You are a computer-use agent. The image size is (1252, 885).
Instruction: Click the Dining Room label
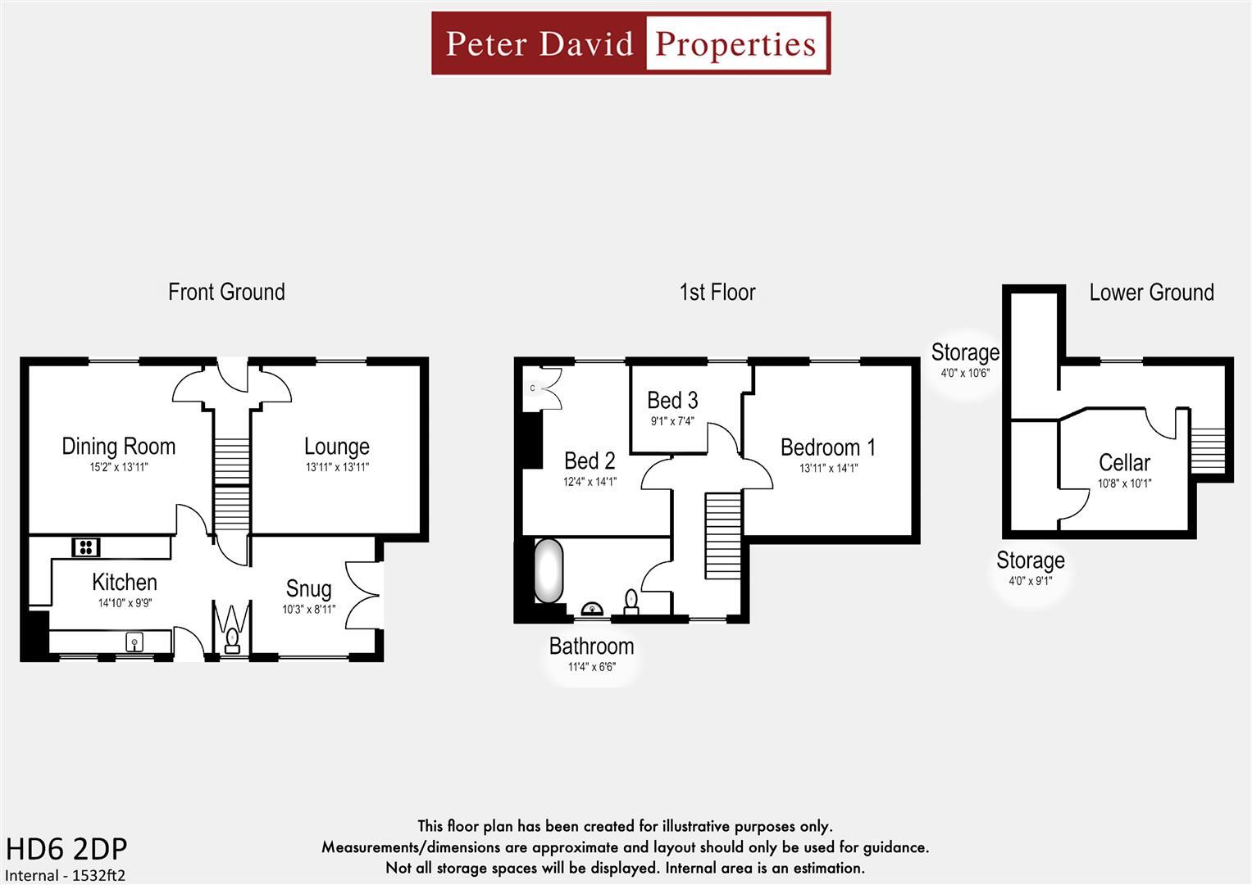(x=119, y=447)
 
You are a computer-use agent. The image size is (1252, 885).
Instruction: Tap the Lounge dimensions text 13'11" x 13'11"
(x=337, y=468)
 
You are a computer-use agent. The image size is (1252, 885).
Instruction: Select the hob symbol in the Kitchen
(x=85, y=547)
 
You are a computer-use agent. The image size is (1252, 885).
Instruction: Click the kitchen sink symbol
(x=134, y=642)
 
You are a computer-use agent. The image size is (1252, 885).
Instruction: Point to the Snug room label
(x=308, y=588)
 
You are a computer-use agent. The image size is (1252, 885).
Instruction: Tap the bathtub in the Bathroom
(x=549, y=570)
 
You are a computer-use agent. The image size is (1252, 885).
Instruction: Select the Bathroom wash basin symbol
(x=591, y=609)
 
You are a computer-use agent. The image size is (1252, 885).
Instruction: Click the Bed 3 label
(x=672, y=401)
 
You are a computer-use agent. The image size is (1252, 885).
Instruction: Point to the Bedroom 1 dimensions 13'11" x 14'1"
(x=828, y=469)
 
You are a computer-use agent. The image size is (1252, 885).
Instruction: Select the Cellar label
(x=1124, y=462)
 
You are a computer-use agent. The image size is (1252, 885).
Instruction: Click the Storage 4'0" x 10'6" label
(x=965, y=352)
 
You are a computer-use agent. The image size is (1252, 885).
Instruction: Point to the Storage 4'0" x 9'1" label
(x=1030, y=560)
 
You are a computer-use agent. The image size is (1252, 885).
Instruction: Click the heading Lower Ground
(x=1151, y=293)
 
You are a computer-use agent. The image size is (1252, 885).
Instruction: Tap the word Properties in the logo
(x=736, y=43)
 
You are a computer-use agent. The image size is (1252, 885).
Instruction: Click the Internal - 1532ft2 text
(x=66, y=875)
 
